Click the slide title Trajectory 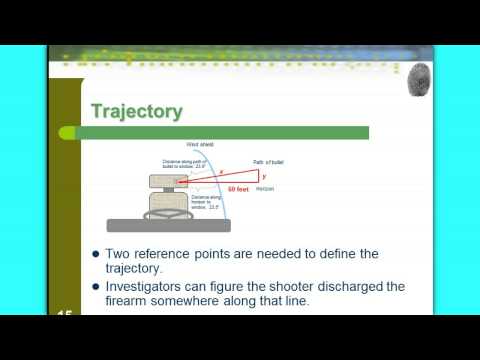137,111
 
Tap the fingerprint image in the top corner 420,81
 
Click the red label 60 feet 239,188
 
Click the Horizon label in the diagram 266,189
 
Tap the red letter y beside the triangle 264,175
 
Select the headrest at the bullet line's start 162,181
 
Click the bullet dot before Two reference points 95,254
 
